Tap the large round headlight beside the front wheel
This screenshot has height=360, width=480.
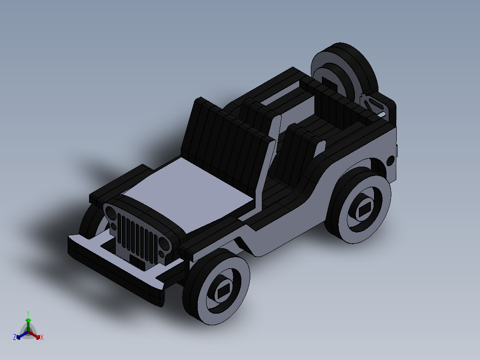pos(163,245)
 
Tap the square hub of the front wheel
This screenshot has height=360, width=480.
pos(222,292)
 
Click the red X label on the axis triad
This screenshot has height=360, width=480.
pos(41,338)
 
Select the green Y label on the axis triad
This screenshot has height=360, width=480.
pos(28,313)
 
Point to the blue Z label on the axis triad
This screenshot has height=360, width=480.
pos(14,337)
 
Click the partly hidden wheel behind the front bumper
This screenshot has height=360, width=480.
pos(91,223)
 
